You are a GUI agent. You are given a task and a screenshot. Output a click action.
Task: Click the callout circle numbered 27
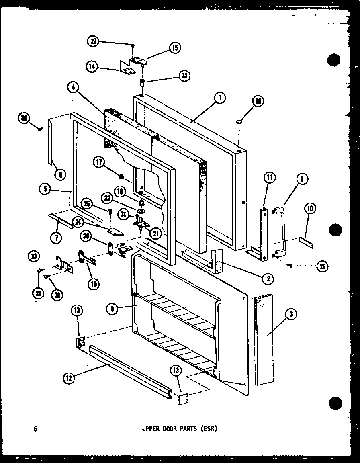93,41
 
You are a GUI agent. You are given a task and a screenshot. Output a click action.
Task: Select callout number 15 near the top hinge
175,48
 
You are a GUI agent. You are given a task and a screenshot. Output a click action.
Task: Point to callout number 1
220,97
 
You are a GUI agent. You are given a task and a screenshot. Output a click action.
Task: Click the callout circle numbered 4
73,88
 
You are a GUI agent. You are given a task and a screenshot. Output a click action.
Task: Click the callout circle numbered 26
322,266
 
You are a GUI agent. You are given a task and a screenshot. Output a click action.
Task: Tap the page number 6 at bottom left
35,428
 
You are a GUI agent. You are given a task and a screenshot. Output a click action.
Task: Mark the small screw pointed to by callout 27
132,45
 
